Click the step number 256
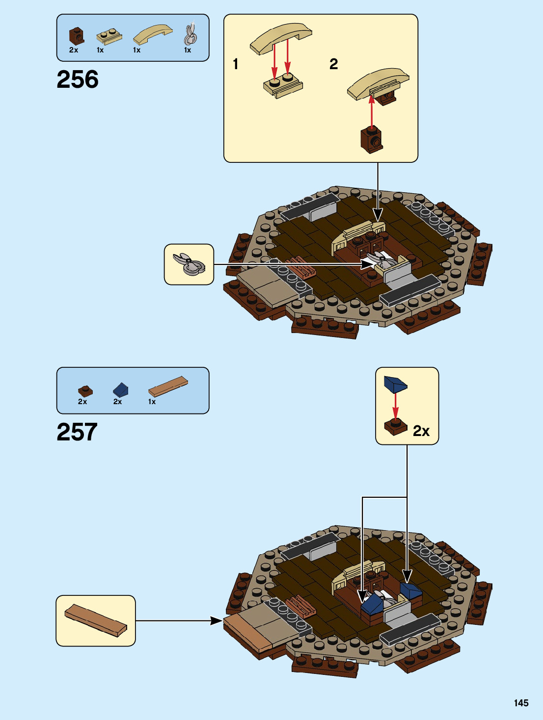click(78, 79)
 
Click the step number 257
click(77, 432)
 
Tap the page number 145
click(521, 703)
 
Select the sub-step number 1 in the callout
click(236, 64)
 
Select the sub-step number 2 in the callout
click(334, 64)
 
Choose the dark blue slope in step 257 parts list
click(120, 390)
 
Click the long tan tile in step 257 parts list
click(168, 386)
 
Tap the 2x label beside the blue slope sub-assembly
click(421, 431)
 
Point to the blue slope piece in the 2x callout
click(395, 384)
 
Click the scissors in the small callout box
click(189, 264)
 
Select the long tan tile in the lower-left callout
click(96, 620)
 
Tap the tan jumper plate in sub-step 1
click(283, 85)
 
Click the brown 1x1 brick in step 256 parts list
click(76, 36)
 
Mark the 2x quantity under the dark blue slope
click(117, 402)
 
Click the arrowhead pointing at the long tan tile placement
click(217, 620)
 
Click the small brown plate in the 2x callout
click(396, 427)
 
